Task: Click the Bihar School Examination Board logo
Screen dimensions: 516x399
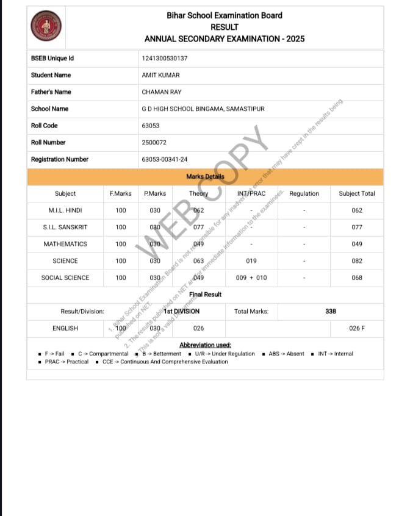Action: click(46, 27)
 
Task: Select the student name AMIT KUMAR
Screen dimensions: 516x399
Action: click(160, 75)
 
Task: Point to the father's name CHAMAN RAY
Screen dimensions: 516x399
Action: click(161, 92)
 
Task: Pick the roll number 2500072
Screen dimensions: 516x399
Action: click(154, 142)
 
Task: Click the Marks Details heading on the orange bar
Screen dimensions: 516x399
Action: click(205, 177)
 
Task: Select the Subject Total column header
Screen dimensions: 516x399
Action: click(357, 193)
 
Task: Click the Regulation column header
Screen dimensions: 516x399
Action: click(304, 193)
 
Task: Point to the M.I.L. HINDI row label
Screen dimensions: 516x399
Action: click(65, 210)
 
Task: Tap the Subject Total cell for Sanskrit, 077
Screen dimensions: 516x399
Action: click(357, 227)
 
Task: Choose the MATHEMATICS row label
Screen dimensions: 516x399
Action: click(65, 244)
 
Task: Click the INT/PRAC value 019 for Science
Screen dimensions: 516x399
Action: click(251, 261)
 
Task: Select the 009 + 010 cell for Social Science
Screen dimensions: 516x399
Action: click(251, 278)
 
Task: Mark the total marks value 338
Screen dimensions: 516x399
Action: click(331, 311)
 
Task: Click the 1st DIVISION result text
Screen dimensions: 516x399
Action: click(181, 311)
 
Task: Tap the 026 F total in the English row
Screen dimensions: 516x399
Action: click(357, 328)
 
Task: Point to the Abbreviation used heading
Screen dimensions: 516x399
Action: click(205, 345)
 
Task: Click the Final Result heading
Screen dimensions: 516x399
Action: click(205, 295)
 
